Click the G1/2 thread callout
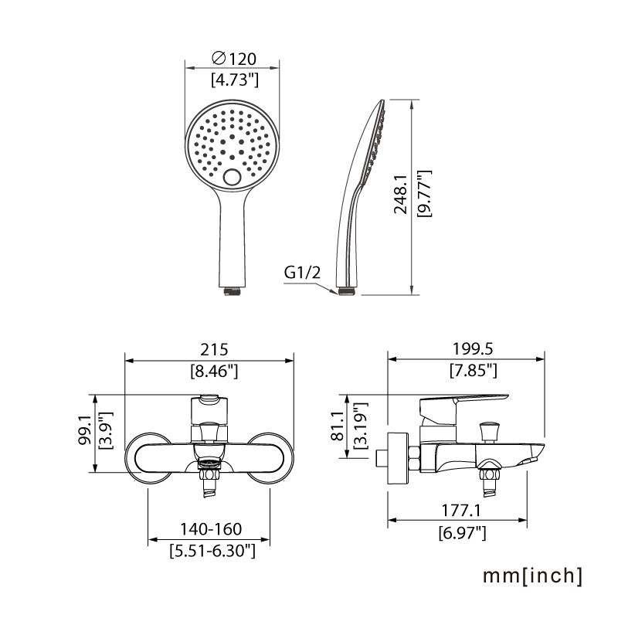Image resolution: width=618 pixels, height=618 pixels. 301,272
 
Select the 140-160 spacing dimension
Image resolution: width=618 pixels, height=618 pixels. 211,530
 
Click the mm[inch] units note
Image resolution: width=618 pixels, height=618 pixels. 532,576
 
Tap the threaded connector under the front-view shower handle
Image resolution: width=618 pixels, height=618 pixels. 233,291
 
